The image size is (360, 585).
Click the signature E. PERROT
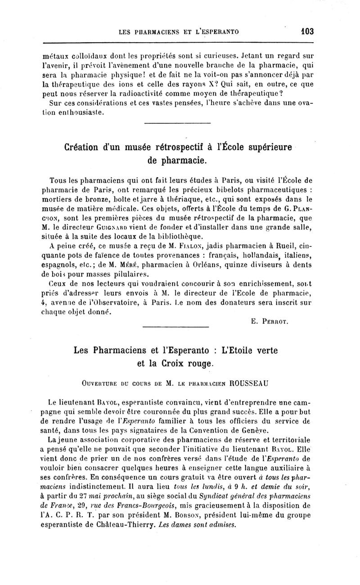tap(268, 322)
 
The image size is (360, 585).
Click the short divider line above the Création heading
tap(177, 123)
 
